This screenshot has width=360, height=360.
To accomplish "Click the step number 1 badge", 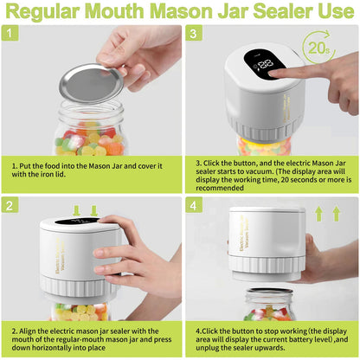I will pos(10,34).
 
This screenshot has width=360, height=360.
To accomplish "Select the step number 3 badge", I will pos(194,34).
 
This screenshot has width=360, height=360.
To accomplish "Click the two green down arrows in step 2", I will pos(85,210).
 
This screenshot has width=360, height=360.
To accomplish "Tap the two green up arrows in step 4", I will pos(334,212).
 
